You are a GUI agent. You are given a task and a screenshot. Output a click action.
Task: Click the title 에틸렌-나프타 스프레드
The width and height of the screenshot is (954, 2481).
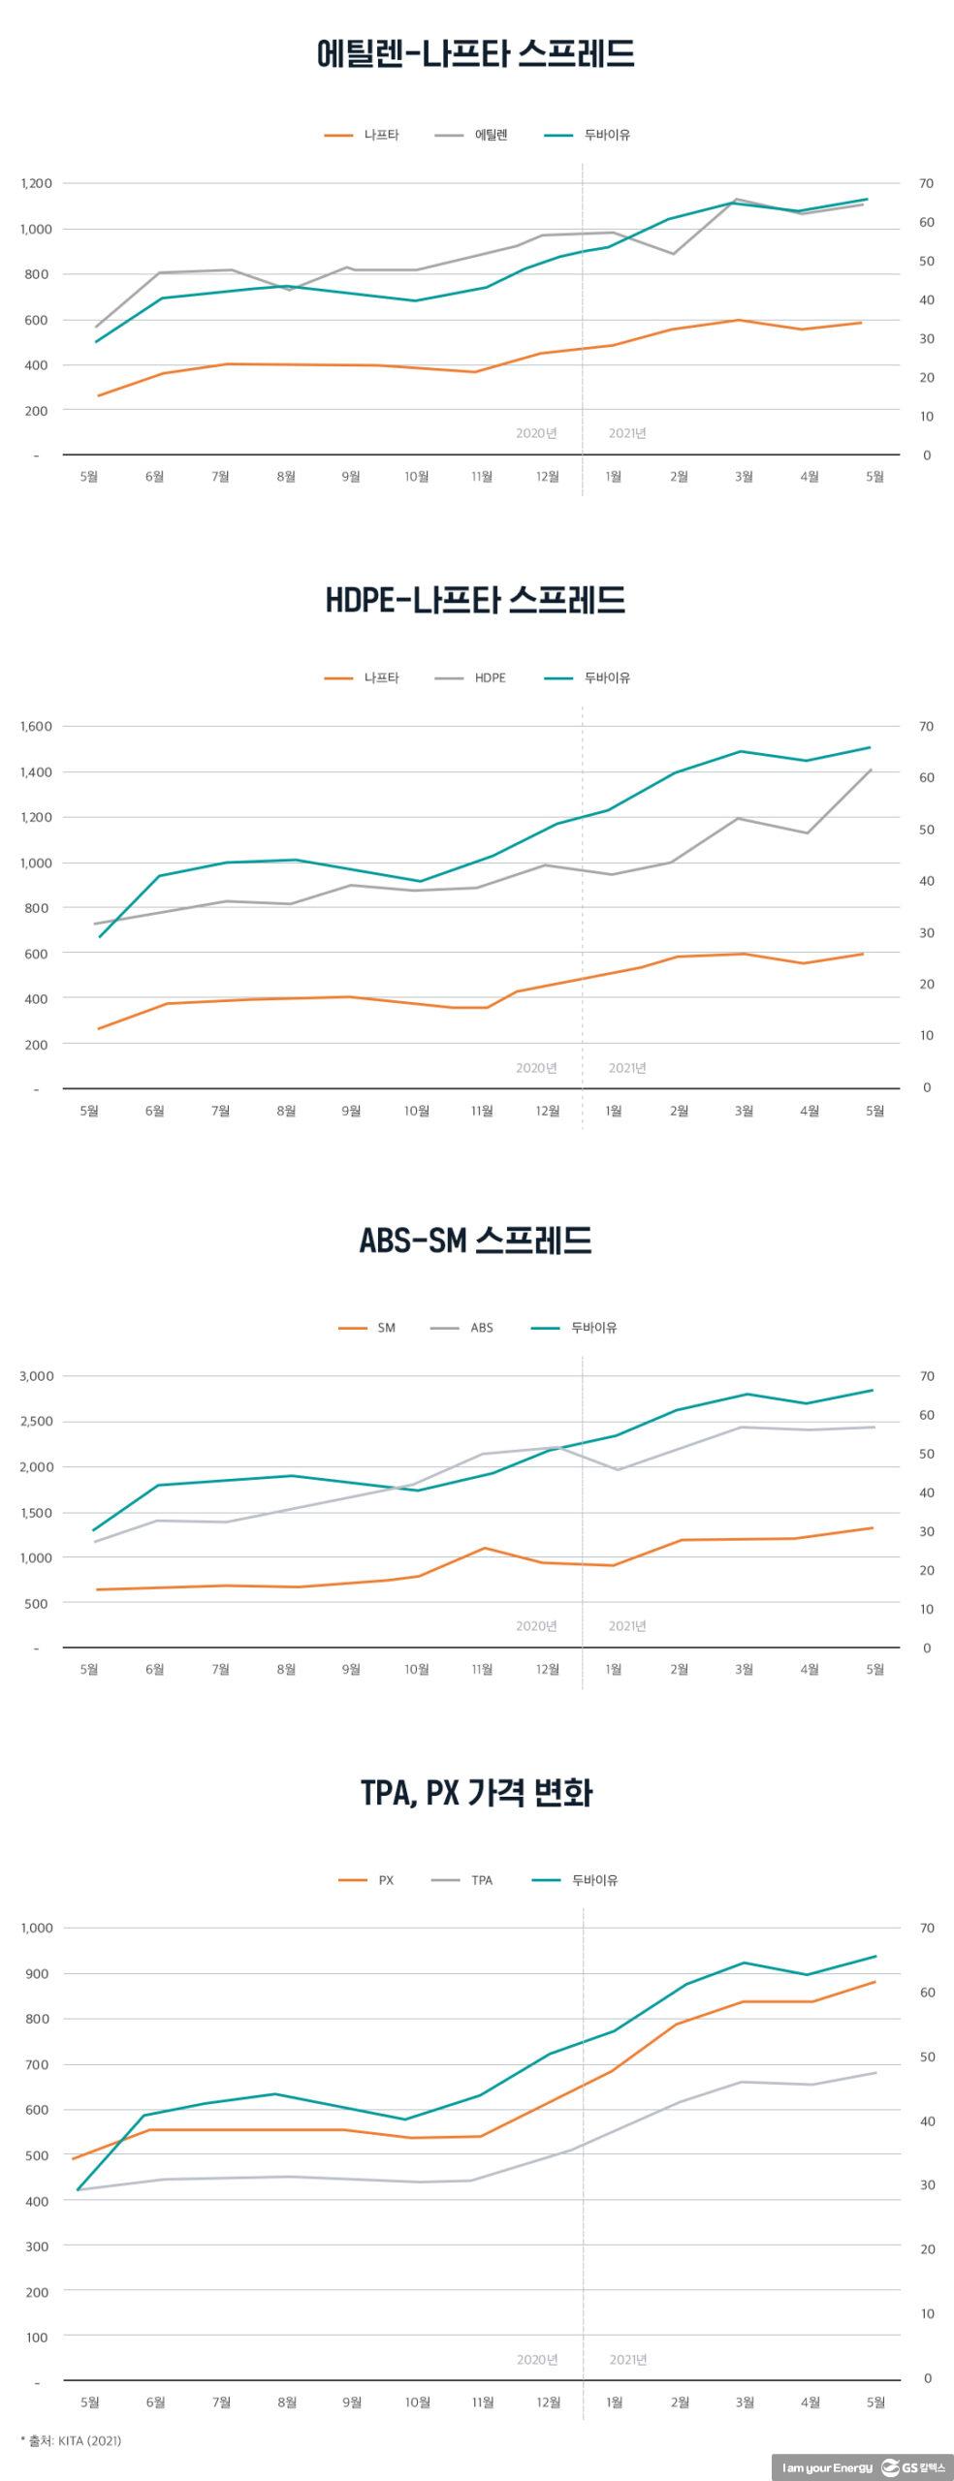pos(475,53)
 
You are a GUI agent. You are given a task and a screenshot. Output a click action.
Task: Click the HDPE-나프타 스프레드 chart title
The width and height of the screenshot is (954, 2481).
pos(475,601)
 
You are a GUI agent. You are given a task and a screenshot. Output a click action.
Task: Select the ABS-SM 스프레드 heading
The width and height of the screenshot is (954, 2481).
pos(475,1240)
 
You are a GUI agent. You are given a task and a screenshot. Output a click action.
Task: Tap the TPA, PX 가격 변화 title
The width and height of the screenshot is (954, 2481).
pos(476,1793)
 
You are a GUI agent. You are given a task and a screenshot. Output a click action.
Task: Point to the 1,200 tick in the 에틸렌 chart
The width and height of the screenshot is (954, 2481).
pos(37,183)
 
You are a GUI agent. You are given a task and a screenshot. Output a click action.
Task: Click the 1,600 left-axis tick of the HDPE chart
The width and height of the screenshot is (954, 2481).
pos(37,726)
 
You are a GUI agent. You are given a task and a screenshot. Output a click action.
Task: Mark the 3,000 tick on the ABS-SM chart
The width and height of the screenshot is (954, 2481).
pos(37,1376)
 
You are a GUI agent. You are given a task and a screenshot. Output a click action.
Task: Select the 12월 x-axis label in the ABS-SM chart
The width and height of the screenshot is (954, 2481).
pos(548,1669)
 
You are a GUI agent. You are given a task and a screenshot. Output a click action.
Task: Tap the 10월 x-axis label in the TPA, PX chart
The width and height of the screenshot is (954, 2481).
pos(418,2402)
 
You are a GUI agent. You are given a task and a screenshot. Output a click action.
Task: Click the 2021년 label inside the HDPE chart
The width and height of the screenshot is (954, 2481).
pos(627,1068)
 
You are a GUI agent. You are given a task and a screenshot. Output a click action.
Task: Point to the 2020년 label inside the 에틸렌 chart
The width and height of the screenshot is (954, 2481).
pos(536,433)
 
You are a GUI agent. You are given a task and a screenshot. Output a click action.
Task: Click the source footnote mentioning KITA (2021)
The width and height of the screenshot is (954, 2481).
pos(71,2440)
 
